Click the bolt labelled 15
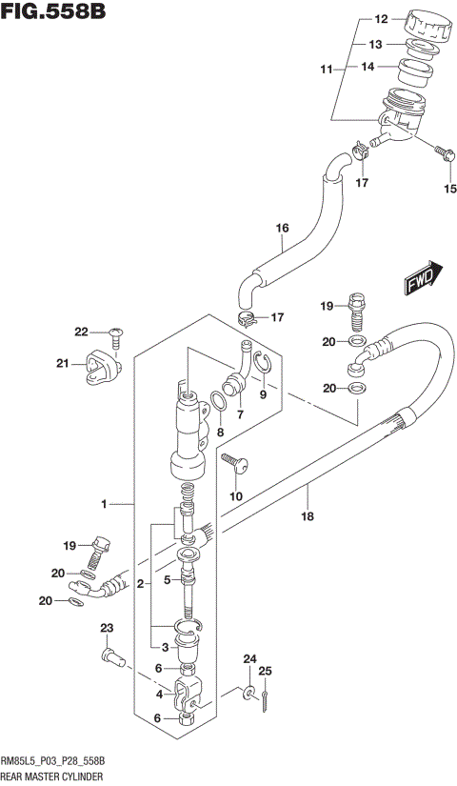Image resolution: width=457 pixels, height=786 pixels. tap(443, 151)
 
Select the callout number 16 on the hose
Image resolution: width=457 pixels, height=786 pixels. tap(282, 228)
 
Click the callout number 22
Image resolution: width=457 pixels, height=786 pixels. tap(81, 332)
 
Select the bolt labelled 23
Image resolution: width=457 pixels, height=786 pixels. tap(110, 656)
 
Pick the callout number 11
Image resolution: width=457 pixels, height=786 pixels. tap(325, 71)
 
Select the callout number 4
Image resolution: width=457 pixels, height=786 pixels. tap(159, 695)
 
